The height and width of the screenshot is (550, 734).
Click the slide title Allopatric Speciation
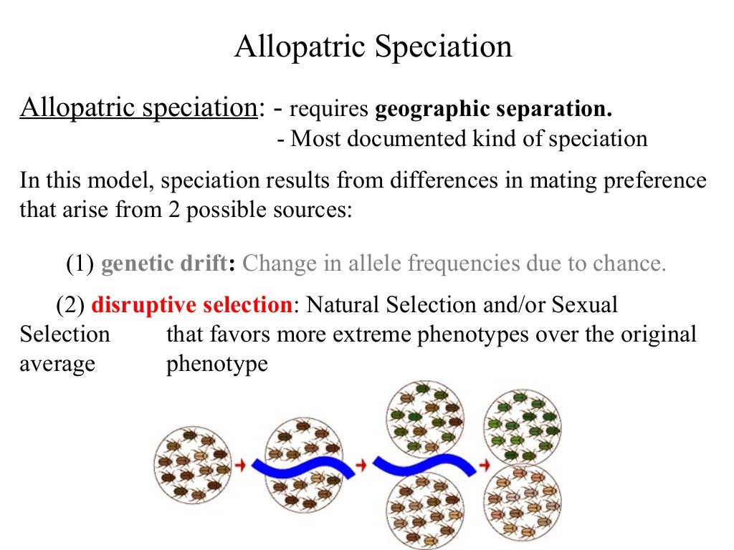373,47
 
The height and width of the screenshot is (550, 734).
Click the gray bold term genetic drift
163,264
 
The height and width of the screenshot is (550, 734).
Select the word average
57,363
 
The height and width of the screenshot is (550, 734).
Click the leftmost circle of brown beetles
192,464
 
